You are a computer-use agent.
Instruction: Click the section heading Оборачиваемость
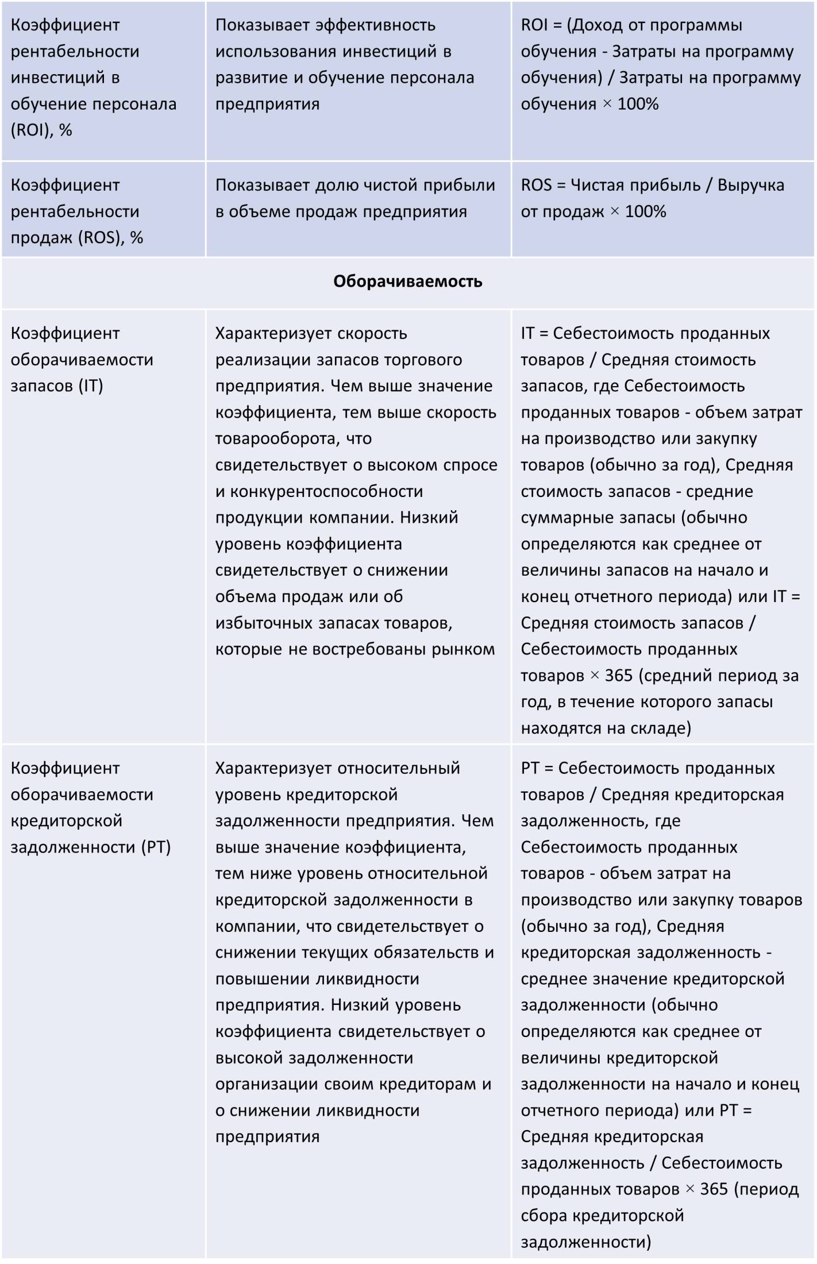[x=407, y=282]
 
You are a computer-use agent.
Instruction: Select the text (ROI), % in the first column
[x=41, y=130]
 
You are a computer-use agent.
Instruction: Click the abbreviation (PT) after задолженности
[x=156, y=847]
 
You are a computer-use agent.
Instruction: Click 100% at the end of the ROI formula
[x=638, y=104]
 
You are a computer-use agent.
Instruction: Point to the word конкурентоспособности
[x=326, y=491]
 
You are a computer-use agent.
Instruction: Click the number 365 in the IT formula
[x=619, y=676]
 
